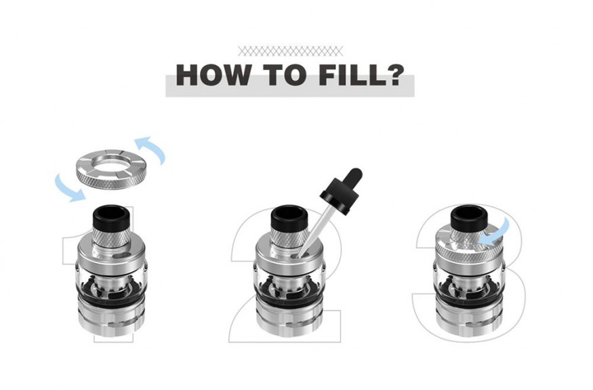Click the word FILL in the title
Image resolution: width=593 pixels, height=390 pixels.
point(353,75)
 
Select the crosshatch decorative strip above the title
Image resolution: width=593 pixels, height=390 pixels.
point(291,51)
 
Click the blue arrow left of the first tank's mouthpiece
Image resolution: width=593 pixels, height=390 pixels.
point(70,187)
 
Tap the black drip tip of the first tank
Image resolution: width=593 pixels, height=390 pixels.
point(111,218)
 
